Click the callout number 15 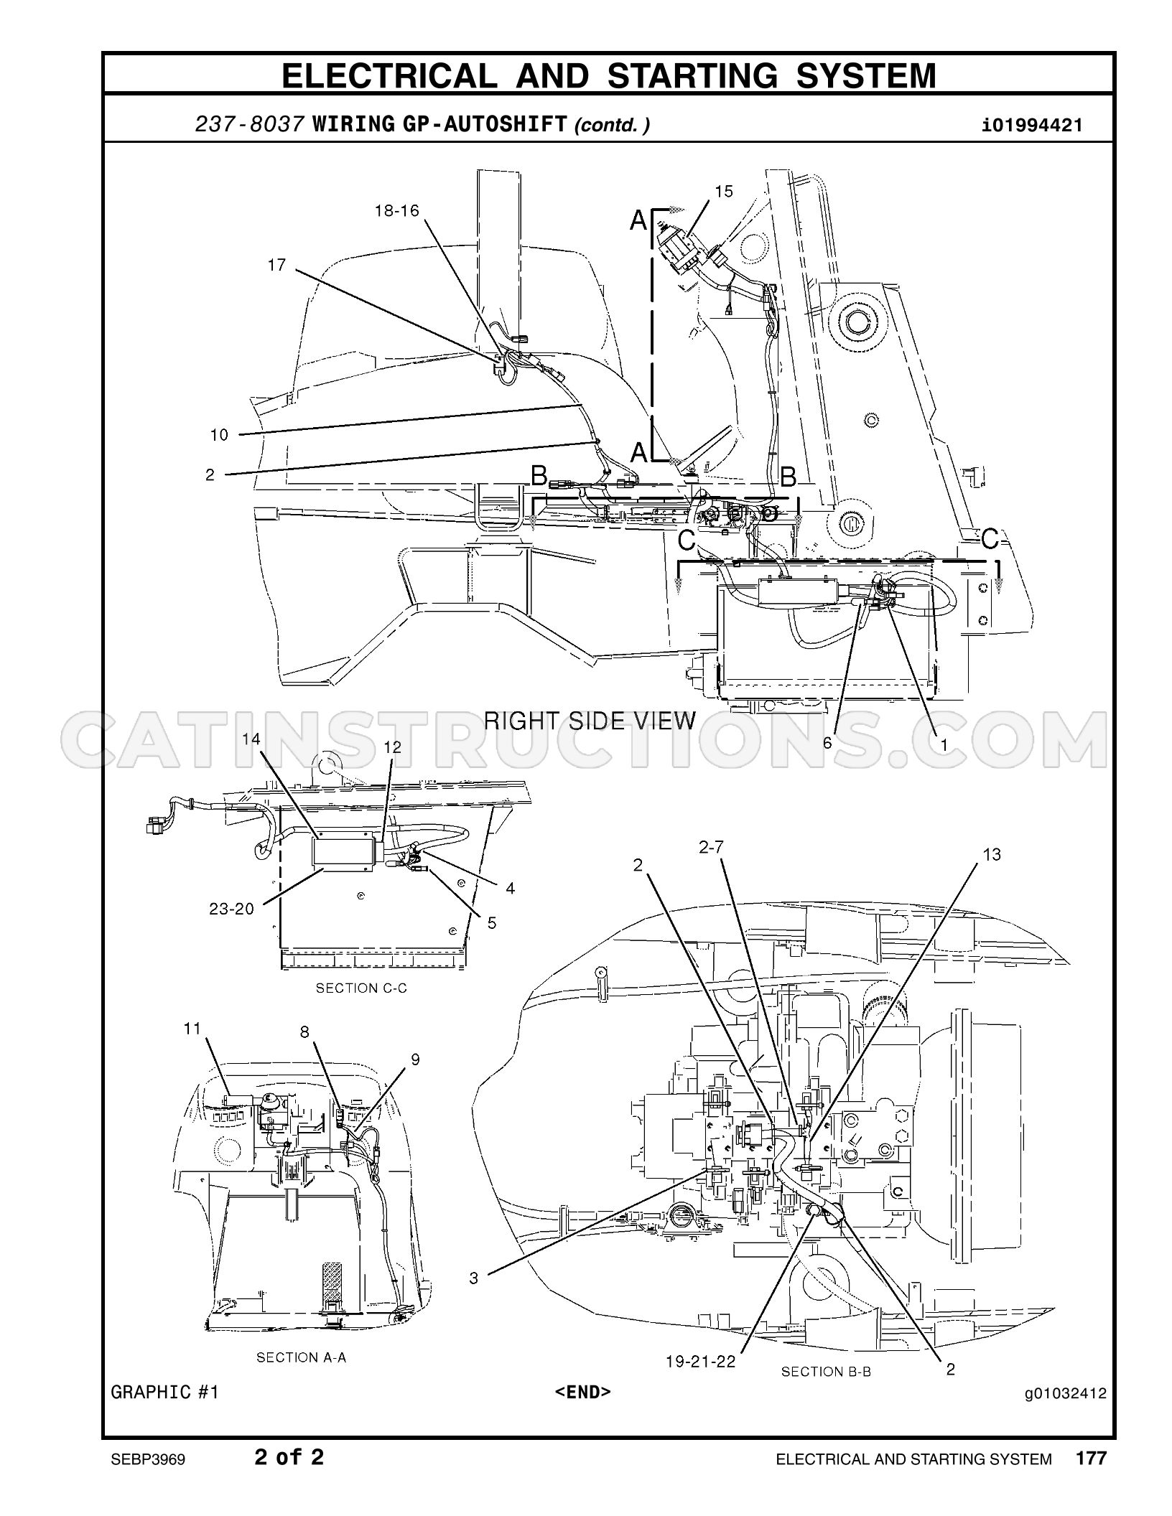[724, 191]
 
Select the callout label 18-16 [396, 211]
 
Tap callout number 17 [276, 266]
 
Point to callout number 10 [219, 435]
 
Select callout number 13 [992, 855]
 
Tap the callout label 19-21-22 [701, 1361]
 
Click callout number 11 [192, 1029]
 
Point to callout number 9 [415, 1059]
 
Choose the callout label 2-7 [711, 848]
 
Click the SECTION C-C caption [361, 988]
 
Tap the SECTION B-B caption [826, 1372]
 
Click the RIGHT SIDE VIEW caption [590, 720]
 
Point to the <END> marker [583, 1392]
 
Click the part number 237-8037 [250, 124]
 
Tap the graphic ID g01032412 [1066, 1394]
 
